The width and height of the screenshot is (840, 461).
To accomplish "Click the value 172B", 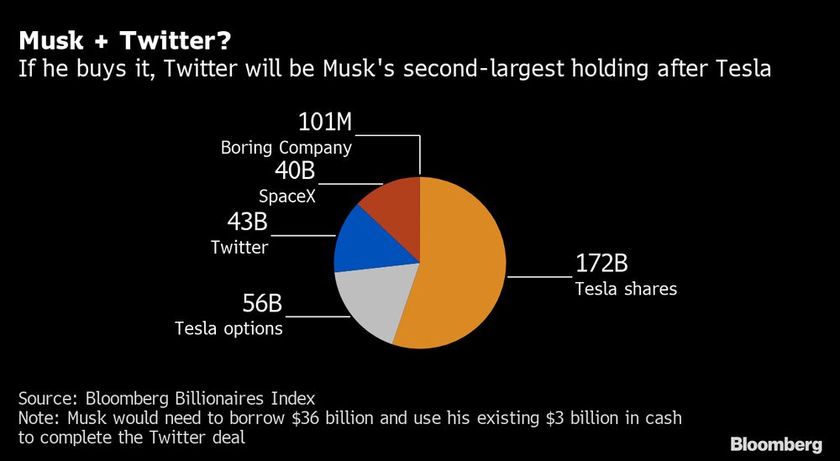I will (x=601, y=264).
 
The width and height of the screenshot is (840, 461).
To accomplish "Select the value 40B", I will (x=295, y=172).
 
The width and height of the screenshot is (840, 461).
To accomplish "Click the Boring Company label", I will (x=286, y=148).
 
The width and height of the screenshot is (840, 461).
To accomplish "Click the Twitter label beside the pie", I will (x=239, y=247).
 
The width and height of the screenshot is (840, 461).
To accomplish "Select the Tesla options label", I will (x=228, y=328).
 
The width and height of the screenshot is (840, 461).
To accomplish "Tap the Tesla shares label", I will (x=626, y=289).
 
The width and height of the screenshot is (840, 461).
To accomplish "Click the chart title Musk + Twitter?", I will (x=126, y=39).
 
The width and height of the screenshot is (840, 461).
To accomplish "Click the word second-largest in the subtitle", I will (x=486, y=69).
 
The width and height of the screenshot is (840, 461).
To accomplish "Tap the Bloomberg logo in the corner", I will (x=775, y=443).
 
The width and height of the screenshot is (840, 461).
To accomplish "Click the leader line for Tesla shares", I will (x=539, y=275).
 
